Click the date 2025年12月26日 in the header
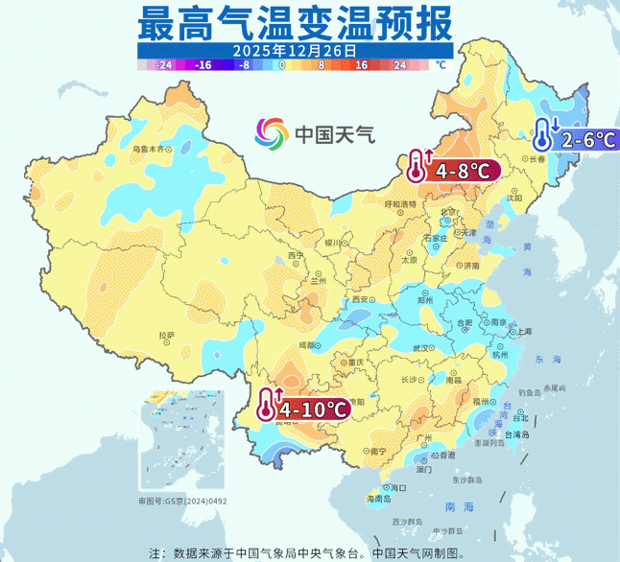(294, 49)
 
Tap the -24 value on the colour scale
(164, 65)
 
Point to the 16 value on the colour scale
(362, 65)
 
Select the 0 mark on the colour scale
(281, 65)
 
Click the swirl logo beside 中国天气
(272, 133)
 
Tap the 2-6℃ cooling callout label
(588, 139)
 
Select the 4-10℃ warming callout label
(312, 410)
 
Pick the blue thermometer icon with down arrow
(544, 134)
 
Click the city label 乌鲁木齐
(148, 149)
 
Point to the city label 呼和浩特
(400, 204)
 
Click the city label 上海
(524, 330)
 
